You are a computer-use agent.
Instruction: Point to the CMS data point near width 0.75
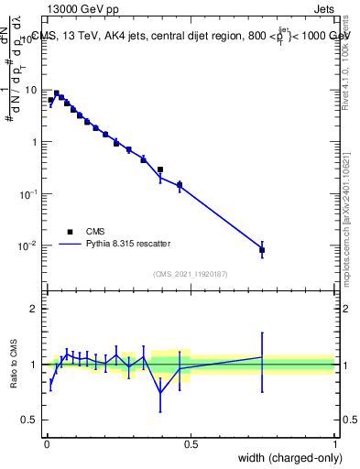tap(262, 249)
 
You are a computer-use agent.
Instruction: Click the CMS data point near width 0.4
tap(160, 169)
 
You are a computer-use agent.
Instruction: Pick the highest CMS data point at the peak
tap(57, 93)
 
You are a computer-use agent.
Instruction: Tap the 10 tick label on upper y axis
tap(32, 90)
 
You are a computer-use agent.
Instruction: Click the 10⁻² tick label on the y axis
tap(29, 245)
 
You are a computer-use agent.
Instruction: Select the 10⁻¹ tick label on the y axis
tap(29, 194)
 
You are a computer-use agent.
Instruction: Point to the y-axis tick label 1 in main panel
tap(36, 142)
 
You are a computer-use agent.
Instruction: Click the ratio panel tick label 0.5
tap(32, 420)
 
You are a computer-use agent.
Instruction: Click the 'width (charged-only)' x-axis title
tap(289, 457)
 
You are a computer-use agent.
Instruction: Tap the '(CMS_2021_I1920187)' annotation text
tap(191, 273)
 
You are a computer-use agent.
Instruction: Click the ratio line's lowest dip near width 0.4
tap(160, 393)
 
